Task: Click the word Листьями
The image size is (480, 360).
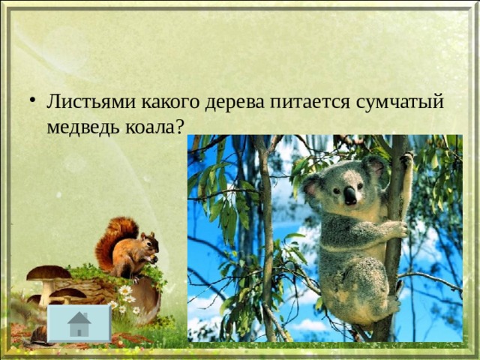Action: (x=91, y=102)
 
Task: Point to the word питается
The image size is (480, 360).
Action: (x=310, y=103)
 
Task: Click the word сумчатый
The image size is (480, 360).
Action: (x=400, y=103)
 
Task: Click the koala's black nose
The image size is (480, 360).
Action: (x=350, y=196)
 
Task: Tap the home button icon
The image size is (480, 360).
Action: (x=79, y=323)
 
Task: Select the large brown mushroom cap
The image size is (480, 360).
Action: (x=48, y=273)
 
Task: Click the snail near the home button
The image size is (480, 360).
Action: (x=38, y=336)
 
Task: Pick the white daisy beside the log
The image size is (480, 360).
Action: (x=125, y=290)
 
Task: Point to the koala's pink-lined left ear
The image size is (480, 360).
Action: (x=313, y=186)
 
